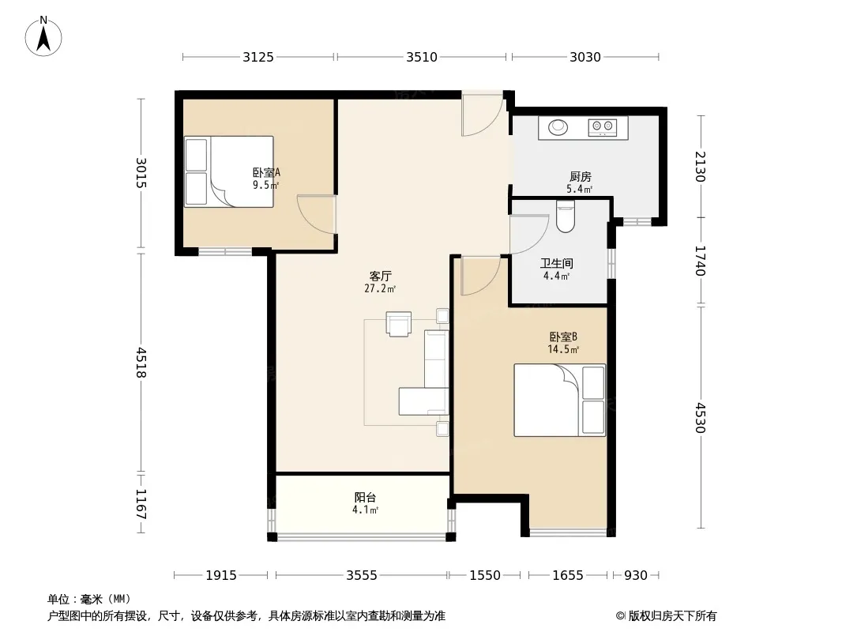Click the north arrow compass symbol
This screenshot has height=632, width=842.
tap(43, 36)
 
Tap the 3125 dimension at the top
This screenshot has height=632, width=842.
tap(258, 57)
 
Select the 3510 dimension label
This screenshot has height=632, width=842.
tap(422, 57)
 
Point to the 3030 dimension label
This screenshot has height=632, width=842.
tap(585, 57)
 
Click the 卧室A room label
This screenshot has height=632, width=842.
tap(266, 172)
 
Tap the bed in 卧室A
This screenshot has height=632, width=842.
tap(229, 172)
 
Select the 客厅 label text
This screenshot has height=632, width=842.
tap(380, 276)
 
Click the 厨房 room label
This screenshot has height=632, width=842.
tap(580, 177)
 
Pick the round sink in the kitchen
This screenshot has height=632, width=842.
tap(558, 127)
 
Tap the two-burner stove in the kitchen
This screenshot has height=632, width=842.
tap(603, 127)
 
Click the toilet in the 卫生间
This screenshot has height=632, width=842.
tap(566, 216)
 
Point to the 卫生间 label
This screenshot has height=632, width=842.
tap(556, 264)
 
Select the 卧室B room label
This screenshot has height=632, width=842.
tap(562, 337)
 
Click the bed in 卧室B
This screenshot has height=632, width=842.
tap(559, 400)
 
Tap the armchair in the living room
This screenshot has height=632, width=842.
tap(398, 324)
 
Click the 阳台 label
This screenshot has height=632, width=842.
tap(365, 497)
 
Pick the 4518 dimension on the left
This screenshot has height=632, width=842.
tap(141, 363)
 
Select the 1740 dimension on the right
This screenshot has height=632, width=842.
tap(701, 261)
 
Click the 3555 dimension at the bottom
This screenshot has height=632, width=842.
tap(362, 576)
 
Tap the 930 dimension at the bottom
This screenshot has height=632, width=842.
tap(636, 576)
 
